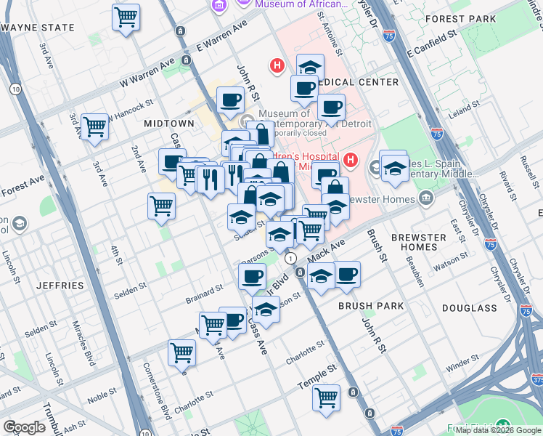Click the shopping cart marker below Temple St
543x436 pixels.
click(326, 397)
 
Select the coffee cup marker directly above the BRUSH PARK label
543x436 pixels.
click(347, 274)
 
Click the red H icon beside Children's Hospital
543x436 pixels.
click(351, 159)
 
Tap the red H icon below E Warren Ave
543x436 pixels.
click(277, 66)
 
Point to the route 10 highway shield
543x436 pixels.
click(15, 89)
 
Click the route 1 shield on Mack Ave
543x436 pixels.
click(291, 259)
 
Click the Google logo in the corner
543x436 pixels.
click(24, 427)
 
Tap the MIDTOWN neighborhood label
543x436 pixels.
click(168, 124)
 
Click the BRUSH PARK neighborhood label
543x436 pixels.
click(371, 306)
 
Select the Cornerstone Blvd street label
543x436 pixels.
click(155, 391)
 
